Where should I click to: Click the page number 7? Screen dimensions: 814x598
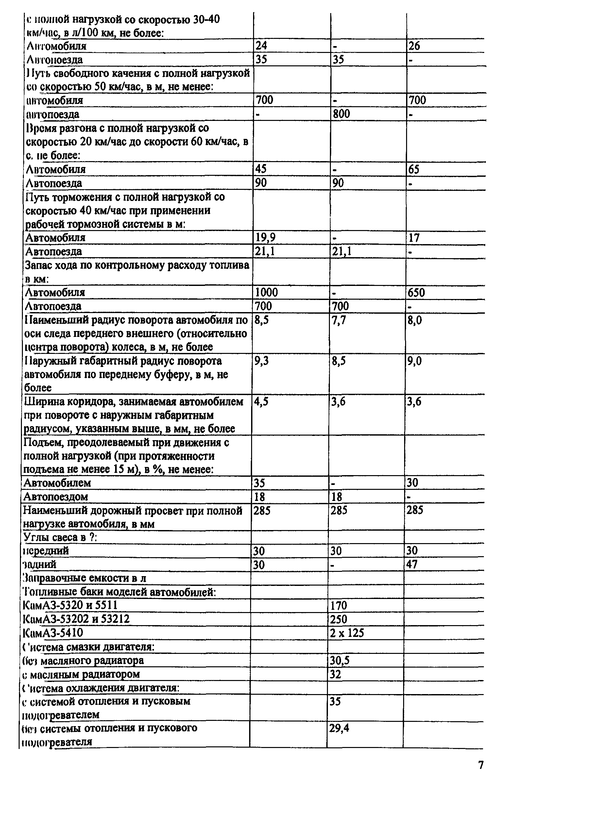tap(481, 765)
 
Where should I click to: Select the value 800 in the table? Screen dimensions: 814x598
tap(341, 114)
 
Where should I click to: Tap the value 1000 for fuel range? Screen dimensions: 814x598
tap(266, 292)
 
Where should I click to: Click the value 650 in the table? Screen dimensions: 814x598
tap(416, 292)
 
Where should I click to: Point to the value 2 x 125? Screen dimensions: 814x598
tap(347, 633)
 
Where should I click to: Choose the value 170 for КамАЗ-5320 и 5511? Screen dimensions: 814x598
tap(338, 605)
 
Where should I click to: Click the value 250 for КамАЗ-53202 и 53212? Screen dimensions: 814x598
tap(338, 619)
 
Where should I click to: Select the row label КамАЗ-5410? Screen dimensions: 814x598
tap(53, 633)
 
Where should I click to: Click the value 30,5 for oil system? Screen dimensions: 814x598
tap(339, 661)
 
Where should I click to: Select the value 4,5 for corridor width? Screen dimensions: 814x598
tap(261, 402)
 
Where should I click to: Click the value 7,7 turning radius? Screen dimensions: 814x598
tap(339, 320)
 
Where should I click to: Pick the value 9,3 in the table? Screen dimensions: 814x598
tap(261, 361)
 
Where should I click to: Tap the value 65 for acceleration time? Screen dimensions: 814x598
tap(413, 169)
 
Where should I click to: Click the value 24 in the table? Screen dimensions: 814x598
tap(261, 45)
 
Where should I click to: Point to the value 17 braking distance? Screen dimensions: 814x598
tap(413, 237)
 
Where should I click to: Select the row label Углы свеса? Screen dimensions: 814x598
tap(60, 537)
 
